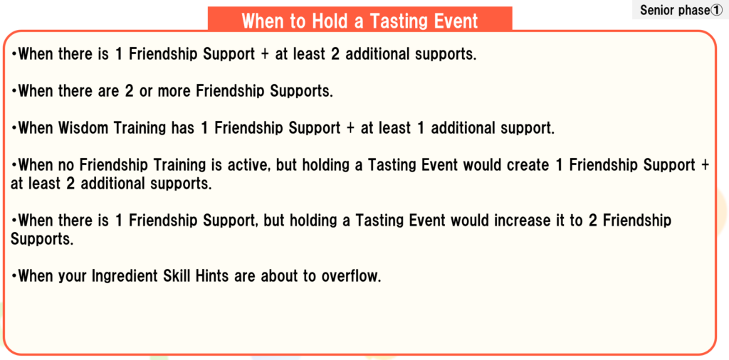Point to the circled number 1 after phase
click(x=716, y=10)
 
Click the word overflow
click(x=350, y=276)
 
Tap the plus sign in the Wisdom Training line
click(x=350, y=129)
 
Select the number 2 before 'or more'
click(x=128, y=90)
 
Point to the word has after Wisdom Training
click(x=182, y=128)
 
